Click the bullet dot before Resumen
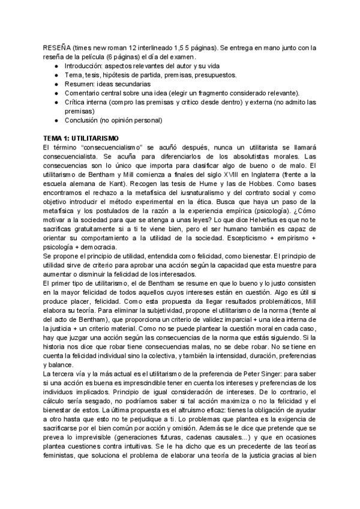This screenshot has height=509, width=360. pyautogui.click(x=56, y=83)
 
